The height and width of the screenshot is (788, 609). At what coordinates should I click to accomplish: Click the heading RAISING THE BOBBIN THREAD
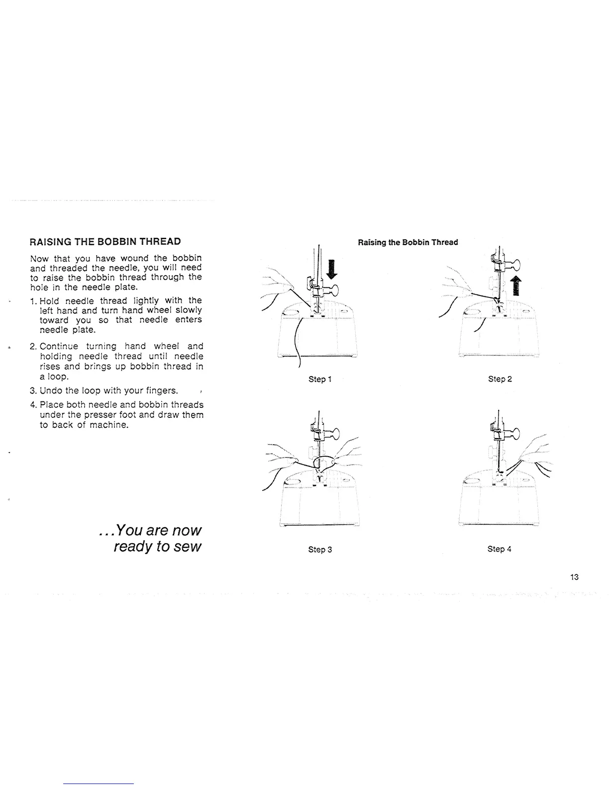(x=105, y=242)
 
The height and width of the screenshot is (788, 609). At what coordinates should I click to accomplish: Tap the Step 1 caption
(x=319, y=379)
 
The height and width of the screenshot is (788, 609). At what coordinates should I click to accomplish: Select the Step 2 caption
(x=500, y=379)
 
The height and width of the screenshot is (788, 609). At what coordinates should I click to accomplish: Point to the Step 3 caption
(x=319, y=549)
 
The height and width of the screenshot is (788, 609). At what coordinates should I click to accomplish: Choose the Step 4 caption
(x=499, y=549)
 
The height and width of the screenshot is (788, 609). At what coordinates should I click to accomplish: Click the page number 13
(x=575, y=577)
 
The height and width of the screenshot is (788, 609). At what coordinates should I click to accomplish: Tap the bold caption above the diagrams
(x=407, y=242)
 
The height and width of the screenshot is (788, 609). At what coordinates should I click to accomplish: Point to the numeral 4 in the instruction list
(x=32, y=404)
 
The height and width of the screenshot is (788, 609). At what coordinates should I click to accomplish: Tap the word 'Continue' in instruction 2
(x=59, y=346)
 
